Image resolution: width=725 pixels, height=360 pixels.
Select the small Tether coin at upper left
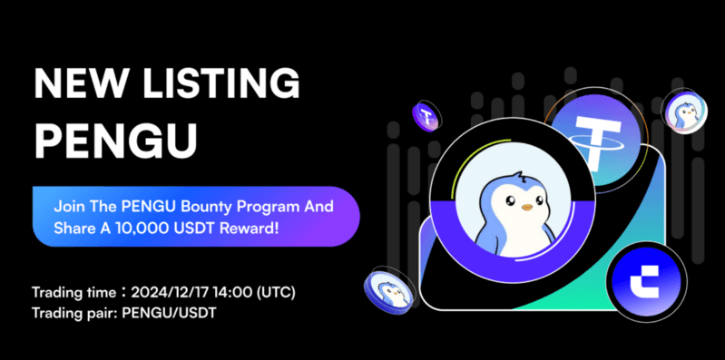tap(425, 115)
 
